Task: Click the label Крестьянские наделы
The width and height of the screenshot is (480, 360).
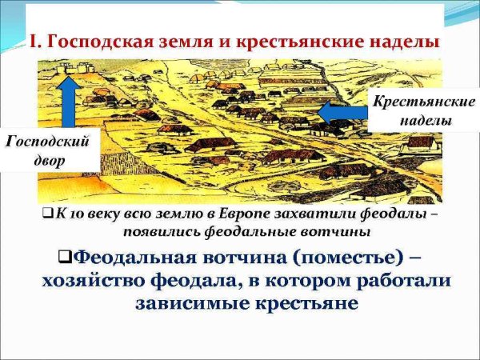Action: (414, 113)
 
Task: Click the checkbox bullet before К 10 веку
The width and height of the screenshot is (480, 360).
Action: (47, 215)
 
